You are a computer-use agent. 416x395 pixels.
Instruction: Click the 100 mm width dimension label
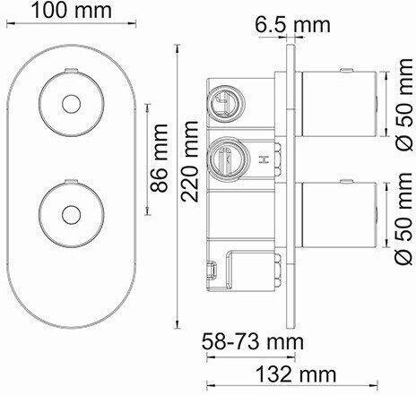(72, 11)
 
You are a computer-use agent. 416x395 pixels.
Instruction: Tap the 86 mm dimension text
(159, 158)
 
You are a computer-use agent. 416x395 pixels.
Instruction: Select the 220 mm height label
(189, 160)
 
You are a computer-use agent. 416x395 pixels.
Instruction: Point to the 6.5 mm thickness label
(293, 25)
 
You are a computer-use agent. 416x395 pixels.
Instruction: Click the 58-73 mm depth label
(253, 342)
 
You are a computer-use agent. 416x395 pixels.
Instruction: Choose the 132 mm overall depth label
(297, 374)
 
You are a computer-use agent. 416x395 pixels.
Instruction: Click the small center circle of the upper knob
(71, 104)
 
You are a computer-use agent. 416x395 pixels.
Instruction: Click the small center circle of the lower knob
(71, 215)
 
